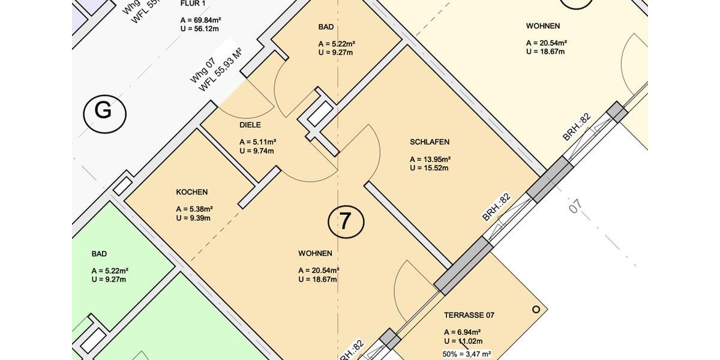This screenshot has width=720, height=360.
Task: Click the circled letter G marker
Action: (104, 112)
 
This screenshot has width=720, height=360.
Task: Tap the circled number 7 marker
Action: (346, 221)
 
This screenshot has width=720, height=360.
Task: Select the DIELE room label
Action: (250, 125)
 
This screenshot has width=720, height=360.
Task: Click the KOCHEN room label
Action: (192, 192)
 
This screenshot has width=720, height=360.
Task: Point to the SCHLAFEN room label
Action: (430, 142)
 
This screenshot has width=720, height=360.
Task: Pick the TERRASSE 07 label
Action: (469, 315)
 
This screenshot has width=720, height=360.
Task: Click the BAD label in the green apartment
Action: (99, 254)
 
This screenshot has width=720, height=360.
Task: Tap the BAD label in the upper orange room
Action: (326, 27)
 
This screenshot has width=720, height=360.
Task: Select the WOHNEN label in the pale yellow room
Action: (543, 26)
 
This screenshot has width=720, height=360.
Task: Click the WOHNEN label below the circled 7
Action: (315, 253)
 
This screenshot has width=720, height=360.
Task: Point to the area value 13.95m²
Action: (430, 160)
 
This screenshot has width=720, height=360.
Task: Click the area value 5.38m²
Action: (194, 209)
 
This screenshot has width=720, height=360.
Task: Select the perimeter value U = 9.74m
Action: (257, 151)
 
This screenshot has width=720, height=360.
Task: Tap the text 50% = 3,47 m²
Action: (467, 355)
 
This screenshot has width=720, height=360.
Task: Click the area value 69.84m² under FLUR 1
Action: (202, 20)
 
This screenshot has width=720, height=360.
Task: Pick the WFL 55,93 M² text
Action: (220, 70)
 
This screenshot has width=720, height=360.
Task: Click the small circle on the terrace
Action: (536, 310)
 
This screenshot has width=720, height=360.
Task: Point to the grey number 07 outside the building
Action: (575, 206)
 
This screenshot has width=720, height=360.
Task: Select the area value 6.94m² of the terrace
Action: (463, 332)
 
